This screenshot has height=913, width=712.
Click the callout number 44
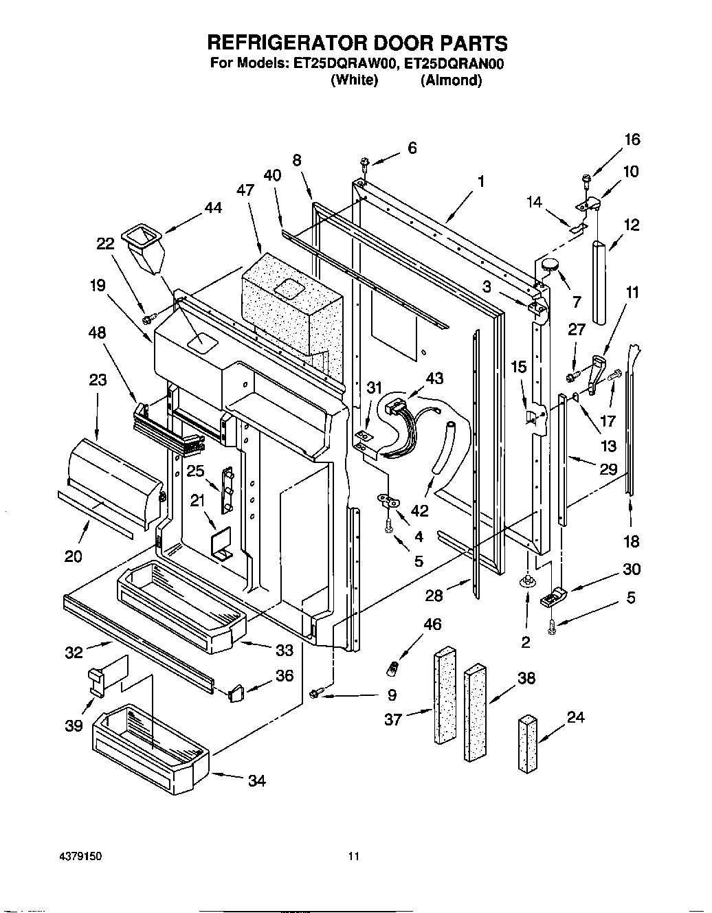coord(213,207)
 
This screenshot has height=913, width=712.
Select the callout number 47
coord(245,190)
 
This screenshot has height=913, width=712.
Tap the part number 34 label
coord(256,780)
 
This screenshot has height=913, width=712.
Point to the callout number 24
coord(575,717)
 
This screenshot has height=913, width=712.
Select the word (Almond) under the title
coord(451,80)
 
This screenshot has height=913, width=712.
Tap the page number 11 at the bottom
coord(354,857)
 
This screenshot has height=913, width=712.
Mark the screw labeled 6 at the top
coord(364,162)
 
